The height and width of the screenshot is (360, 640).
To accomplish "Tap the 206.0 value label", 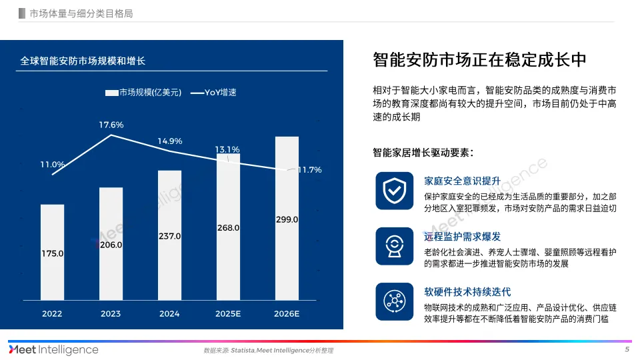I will (x=111, y=245).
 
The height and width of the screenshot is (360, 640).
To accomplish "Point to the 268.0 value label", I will (x=228, y=227).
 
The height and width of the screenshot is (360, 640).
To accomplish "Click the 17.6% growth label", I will (x=111, y=125).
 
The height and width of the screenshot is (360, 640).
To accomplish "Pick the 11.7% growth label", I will (x=309, y=170).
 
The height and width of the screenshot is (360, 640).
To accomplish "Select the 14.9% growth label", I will (x=170, y=141).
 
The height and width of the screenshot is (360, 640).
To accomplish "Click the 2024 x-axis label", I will (x=169, y=313).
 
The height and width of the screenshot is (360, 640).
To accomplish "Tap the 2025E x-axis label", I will (x=228, y=313).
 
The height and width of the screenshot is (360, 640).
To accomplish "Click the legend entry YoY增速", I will (x=214, y=93).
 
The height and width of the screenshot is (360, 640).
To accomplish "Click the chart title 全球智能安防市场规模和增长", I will (x=83, y=61).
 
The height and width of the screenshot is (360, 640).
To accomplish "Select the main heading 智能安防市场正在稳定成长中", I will (x=479, y=59).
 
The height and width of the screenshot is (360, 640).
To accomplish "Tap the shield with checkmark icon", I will (x=393, y=190).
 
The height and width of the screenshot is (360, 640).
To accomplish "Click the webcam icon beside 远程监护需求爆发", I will (x=393, y=245).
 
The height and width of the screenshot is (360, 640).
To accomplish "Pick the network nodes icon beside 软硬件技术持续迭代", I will (x=393, y=300).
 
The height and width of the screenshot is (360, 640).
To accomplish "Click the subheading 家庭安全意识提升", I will (x=462, y=181).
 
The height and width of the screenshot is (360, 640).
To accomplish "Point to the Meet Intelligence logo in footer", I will (x=53, y=349).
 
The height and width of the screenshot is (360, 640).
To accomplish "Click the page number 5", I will (x=627, y=349).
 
